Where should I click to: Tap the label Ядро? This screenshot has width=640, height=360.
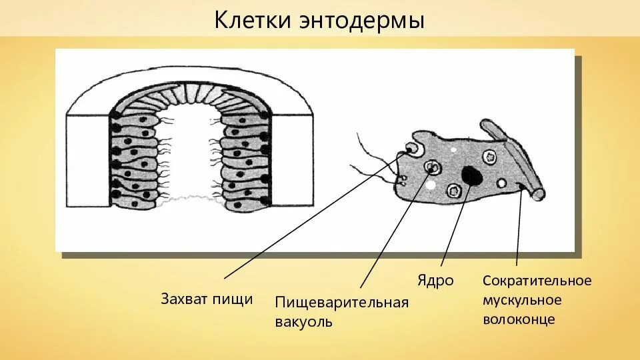click(x=435, y=280)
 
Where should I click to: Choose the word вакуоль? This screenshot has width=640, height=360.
click(x=303, y=322)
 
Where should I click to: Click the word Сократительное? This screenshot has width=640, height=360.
click(x=537, y=280)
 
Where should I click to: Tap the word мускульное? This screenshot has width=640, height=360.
click(x=523, y=300)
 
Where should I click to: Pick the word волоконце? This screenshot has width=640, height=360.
click(x=519, y=319)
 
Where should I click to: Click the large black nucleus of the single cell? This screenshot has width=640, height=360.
click(x=473, y=175)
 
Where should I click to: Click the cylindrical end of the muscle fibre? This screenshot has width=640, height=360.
click(x=537, y=194)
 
